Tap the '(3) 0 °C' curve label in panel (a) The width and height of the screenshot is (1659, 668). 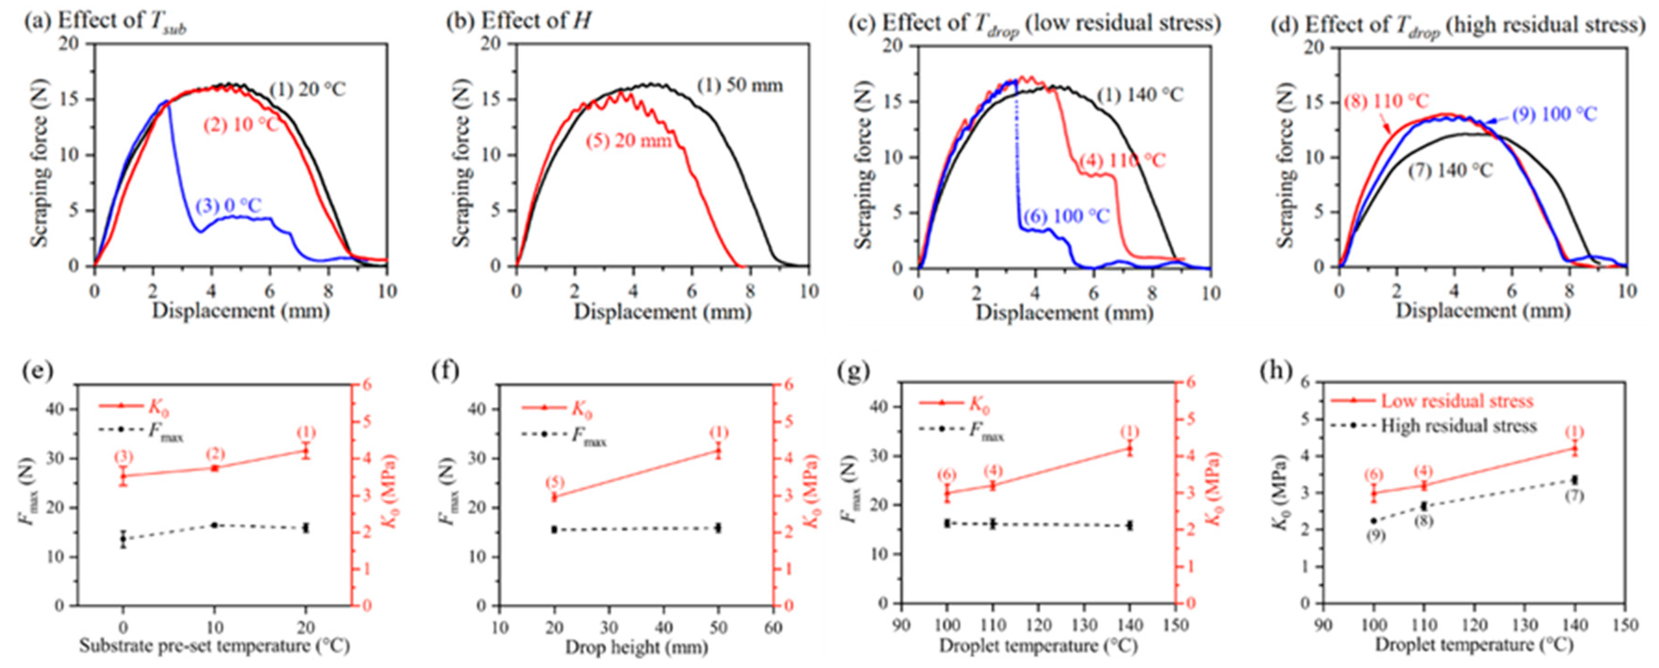point(229,206)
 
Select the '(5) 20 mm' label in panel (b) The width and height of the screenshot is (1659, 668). point(628,140)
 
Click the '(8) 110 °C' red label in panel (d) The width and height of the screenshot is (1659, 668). point(1385,101)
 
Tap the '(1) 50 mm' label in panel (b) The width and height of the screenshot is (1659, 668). point(739,85)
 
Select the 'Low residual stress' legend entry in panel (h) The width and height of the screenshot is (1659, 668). point(1456,401)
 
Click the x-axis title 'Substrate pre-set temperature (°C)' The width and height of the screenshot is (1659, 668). point(214,645)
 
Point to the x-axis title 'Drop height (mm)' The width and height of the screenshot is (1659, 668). point(636,647)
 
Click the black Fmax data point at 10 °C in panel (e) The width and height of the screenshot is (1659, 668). point(214,525)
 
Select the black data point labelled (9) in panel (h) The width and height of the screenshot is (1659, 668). point(1374,520)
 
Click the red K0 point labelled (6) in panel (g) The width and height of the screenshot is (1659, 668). point(947,493)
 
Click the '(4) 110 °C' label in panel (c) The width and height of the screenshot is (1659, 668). point(1122,160)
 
